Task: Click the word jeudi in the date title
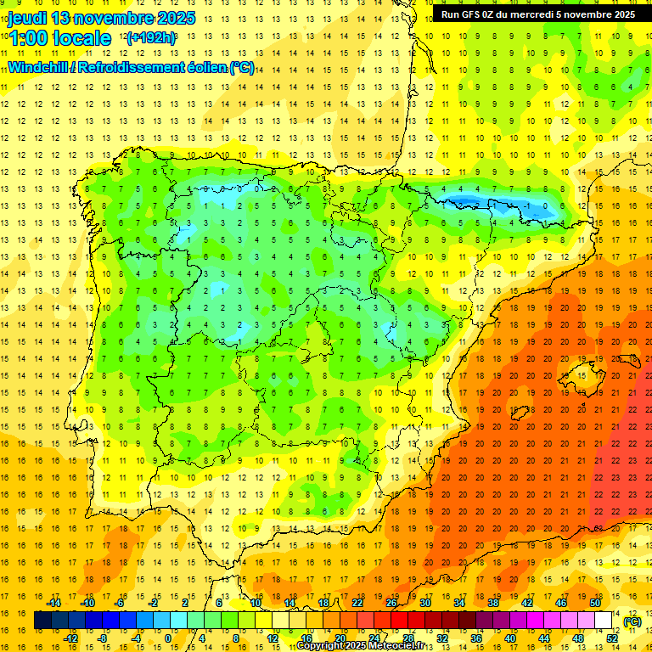click(26, 18)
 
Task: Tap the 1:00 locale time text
click(59, 38)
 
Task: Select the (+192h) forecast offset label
click(151, 38)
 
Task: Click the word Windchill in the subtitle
click(39, 67)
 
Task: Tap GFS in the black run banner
click(474, 14)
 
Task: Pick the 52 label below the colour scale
click(612, 638)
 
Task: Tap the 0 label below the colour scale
click(167, 638)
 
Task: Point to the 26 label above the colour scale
click(391, 603)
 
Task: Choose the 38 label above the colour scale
click(493, 603)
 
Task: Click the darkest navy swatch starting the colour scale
click(42, 621)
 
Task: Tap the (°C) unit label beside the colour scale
click(632, 621)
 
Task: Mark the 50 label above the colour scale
click(595, 603)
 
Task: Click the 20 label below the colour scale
click(340, 638)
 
